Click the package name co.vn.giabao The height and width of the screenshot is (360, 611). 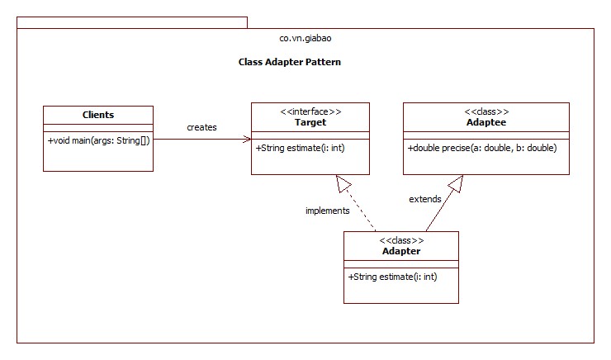pos(306,39)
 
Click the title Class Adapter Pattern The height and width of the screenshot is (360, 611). pos(289,62)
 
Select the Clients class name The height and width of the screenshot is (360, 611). pos(98,115)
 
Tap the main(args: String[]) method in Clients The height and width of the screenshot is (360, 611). pos(98,140)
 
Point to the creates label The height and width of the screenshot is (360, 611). pos(201,127)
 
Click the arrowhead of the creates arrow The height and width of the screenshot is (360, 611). pos(247,140)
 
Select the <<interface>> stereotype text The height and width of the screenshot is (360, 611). pos(310,111)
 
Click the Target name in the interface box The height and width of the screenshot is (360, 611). pos(310,122)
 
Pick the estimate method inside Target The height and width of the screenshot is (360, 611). pos(300,148)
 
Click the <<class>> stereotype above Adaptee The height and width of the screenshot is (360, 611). pos(485,111)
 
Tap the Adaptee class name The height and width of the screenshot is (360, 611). pos(485,122)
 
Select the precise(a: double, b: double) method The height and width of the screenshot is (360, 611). pos(482,148)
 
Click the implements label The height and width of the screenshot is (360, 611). pos(327,211)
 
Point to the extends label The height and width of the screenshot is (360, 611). pos(425,199)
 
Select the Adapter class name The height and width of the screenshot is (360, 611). pos(401,251)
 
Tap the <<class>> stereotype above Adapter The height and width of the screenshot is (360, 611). pos(401,239)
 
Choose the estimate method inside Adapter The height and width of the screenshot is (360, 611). pos(393,277)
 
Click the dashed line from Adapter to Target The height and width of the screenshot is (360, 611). pos(362,211)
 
